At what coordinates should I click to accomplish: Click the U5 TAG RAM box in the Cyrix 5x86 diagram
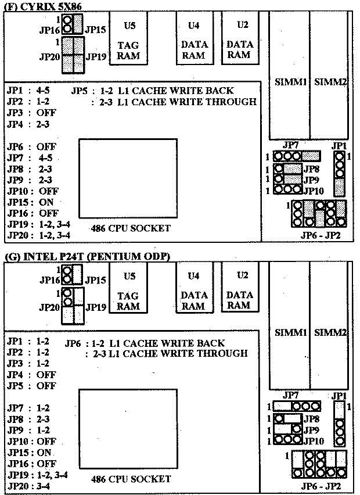(x=128, y=38)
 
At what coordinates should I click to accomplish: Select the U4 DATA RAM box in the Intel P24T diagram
(x=195, y=287)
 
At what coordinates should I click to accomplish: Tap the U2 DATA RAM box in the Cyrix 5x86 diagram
(x=240, y=38)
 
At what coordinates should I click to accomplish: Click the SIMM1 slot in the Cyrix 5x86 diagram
(x=289, y=75)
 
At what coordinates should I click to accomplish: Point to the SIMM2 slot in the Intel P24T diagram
(x=329, y=326)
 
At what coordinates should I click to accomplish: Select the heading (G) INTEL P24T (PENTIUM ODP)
(x=88, y=256)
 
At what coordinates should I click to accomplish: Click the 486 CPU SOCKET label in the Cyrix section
(x=131, y=228)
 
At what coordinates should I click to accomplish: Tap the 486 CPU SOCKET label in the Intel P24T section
(x=131, y=479)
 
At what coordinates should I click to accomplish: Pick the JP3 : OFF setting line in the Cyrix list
(x=31, y=113)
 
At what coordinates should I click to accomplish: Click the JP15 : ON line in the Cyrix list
(x=30, y=202)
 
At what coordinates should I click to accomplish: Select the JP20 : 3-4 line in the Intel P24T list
(x=28, y=486)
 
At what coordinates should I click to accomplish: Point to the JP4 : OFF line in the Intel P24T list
(x=31, y=375)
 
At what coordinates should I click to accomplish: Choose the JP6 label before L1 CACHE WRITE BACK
(x=71, y=343)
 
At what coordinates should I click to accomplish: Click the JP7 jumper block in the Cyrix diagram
(x=297, y=156)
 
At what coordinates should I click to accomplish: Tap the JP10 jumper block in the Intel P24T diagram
(x=287, y=440)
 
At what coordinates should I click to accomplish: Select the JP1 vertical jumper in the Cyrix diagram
(x=340, y=174)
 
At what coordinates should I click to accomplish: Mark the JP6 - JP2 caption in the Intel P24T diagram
(x=321, y=486)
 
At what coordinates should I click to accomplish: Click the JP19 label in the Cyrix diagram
(x=96, y=57)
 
